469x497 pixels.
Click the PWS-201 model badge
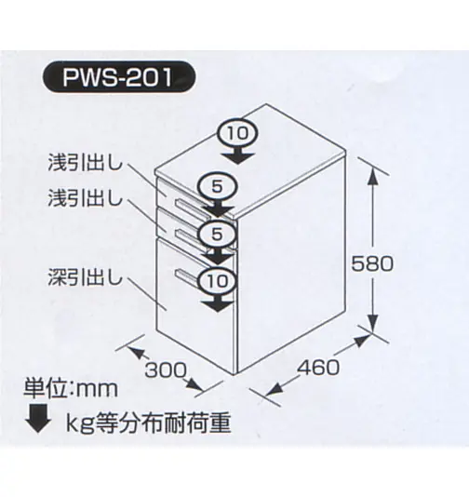[119, 77]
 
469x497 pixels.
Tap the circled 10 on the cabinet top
[237, 133]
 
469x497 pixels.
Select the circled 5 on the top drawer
[217, 187]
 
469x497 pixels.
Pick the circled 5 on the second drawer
[217, 235]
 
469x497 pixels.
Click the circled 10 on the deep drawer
[218, 280]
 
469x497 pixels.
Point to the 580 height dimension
[372, 263]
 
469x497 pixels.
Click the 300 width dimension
[166, 369]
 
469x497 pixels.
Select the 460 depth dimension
[318, 368]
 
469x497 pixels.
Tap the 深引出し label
[85, 277]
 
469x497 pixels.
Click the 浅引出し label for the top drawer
[85, 163]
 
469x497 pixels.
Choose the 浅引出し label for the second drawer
[85, 198]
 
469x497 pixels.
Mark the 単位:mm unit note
[71, 389]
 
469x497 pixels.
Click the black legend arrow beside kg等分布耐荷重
[38, 418]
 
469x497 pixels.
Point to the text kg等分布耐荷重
[148, 423]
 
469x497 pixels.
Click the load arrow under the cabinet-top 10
[237, 154]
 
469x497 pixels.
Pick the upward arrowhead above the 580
[373, 176]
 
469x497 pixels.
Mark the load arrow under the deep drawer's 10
[218, 302]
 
